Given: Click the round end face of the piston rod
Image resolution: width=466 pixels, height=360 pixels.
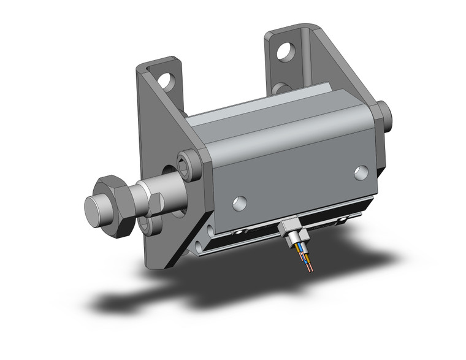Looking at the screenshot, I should click(94, 211).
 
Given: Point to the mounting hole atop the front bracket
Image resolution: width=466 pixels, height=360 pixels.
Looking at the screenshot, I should click(167, 80).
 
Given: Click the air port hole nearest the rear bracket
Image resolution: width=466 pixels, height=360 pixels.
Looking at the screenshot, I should click(361, 174).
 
